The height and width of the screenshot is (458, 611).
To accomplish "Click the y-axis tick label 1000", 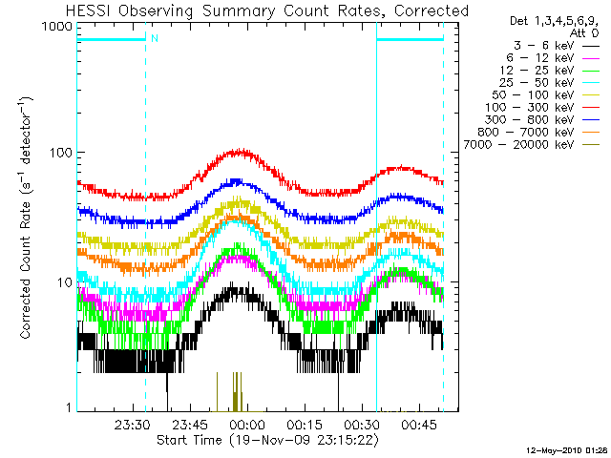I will coord(56,29).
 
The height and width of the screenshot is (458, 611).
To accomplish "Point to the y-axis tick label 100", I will coord(60,153).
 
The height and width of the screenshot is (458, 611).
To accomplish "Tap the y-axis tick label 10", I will coord(64,282).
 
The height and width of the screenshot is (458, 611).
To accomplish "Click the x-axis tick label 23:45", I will coord(190,424).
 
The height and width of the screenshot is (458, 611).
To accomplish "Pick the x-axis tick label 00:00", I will coord(246,424).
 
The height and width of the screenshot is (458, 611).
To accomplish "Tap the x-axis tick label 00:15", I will coord(303,424).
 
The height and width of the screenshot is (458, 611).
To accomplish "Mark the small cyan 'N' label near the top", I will coord(154,38).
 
